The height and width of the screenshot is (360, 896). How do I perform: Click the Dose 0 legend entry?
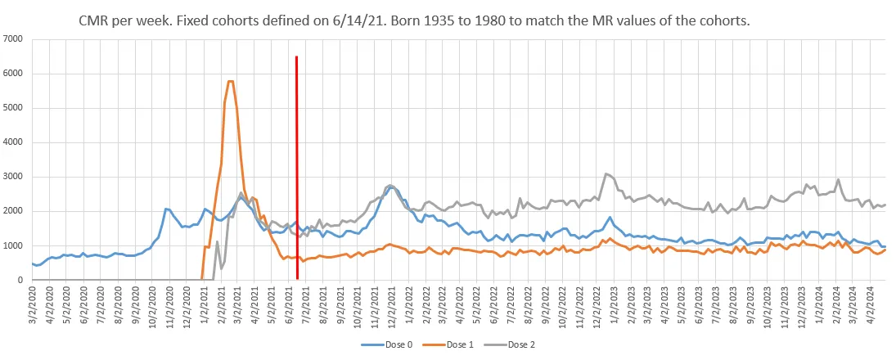tap(391, 344)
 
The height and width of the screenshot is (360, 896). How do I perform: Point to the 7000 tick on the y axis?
tap(13, 39)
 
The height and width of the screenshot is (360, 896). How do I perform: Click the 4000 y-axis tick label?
tap(13, 142)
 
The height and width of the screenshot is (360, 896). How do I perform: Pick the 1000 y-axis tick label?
tap(13, 245)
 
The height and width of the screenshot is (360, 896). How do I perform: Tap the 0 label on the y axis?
tap(20, 280)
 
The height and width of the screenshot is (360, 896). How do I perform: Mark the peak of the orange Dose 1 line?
tap(230, 81)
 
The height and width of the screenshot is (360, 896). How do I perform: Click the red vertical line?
tap(296, 164)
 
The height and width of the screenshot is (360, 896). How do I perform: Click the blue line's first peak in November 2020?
tap(165, 209)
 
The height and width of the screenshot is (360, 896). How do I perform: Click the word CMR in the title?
tap(98, 20)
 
